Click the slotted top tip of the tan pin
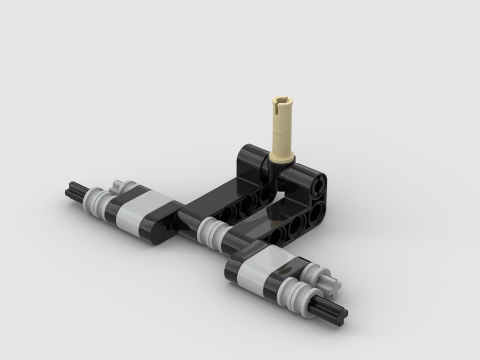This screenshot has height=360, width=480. pyautogui.click(x=281, y=101)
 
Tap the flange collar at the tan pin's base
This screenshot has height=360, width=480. pyautogui.click(x=281, y=156)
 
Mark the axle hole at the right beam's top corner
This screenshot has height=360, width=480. pyautogui.click(x=318, y=185)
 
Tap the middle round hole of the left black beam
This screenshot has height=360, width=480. pyautogui.click(x=246, y=204)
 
